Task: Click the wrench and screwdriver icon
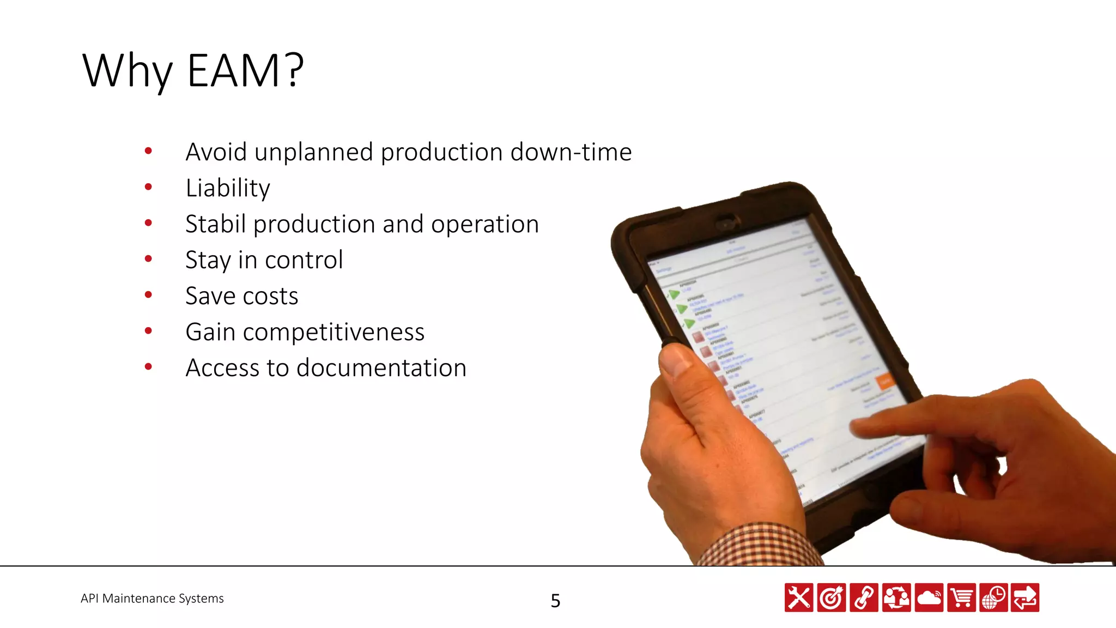tap(799, 598)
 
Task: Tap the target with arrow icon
tap(832, 598)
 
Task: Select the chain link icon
tap(864, 598)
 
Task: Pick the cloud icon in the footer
tap(929, 598)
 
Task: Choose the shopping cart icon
tap(962, 598)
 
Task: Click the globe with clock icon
tap(994, 598)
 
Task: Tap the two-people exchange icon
tap(896, 598)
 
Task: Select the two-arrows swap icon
tap(1025, 598)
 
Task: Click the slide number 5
tap(555, 601)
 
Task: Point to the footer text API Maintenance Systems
tap(152, 599)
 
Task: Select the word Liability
tap(228, 188)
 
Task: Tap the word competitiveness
tap(333, 332)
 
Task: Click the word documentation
tap(381, 368)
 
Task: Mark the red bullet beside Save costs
tap(148, 295)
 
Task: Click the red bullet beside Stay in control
tap(148, 259)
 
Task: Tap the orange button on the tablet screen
tap(885, 380)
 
